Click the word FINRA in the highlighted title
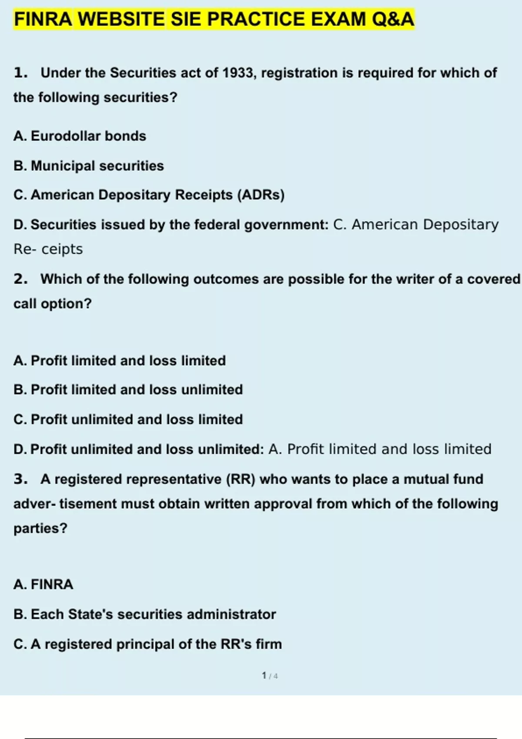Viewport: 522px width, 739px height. [x=43, y=20]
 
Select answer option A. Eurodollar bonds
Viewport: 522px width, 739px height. [x=80, y=136]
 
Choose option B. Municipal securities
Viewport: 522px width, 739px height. [x=89, y=166]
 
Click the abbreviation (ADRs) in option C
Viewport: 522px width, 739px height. [x=261, y=195]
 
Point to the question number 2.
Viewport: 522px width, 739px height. [x=20, y=279]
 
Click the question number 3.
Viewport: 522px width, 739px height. [x=20, y=479]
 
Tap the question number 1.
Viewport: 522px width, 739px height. [x=20, y=73]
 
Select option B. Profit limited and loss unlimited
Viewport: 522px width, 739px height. [x=128, y=389]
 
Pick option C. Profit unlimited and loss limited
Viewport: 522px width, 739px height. [x=128, y=419]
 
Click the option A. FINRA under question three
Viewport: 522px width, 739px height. [x=43, y=584]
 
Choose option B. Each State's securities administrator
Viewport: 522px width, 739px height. [x=144, y=614]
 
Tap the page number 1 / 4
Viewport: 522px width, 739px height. [x=270, y=676]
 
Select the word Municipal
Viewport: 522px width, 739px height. [x=63, y=166]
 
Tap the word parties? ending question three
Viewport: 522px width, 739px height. [x=40, y=528]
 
